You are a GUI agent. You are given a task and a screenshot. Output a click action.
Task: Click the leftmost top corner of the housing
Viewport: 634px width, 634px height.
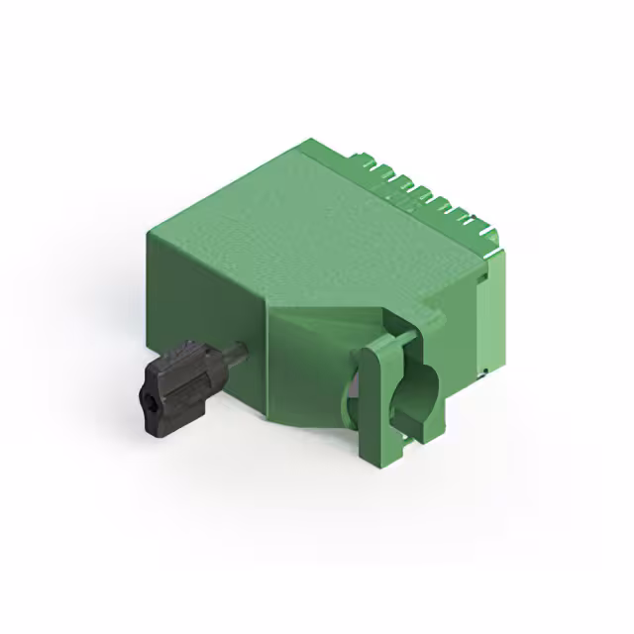(x=148, y=234)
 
